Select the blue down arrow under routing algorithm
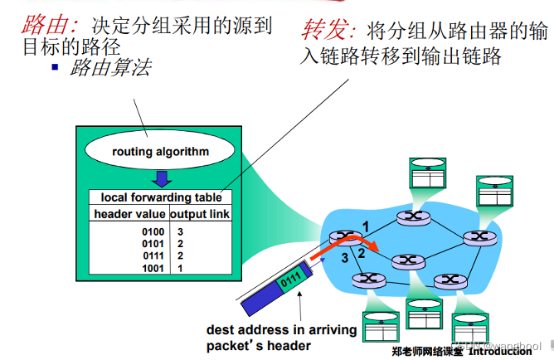coord(163,178)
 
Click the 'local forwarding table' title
coord(161,197)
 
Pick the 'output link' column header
coord(199,214)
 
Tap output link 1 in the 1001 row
coord(180,269)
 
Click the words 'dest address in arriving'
coord(282,329)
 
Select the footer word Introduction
coord(499,352)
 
